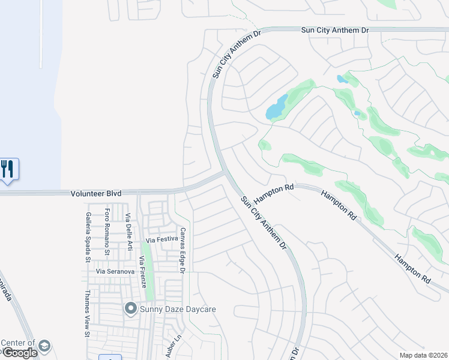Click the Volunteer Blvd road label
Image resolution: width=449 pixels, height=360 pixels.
click(x=96, y=193)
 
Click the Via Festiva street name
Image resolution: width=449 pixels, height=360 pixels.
click(x=159, y=240)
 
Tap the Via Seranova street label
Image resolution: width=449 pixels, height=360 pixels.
click(x=115, y=272)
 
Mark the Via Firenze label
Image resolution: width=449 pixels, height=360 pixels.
click(x=142, y=272)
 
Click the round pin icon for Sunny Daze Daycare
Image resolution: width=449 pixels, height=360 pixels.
click(x=130, y=309)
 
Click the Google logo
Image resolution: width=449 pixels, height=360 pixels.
click(x=19, y=353)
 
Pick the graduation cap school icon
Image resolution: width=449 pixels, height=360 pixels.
click(x=44, y=346)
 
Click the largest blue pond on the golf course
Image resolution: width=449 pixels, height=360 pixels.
click(x=276, y=108)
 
